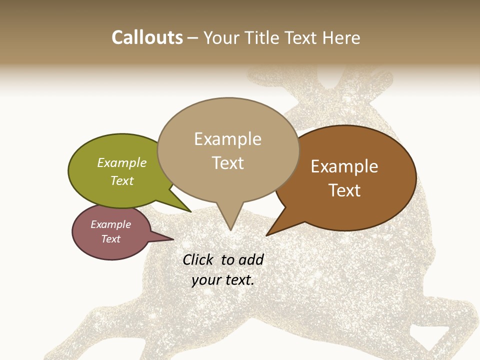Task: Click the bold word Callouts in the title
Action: (x=147, y=37)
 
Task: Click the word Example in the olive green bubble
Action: (x=122, y=163)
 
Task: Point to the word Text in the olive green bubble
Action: (x=122, y=180)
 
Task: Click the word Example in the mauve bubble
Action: (x=111, y=224)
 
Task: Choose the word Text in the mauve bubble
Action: (x=111, y=239)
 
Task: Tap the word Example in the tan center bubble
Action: (x=228, y=139)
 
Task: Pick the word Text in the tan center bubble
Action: (x=228, y=163)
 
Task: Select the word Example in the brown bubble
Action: (x=344, y=166)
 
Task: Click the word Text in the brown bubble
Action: (x=344, y=190)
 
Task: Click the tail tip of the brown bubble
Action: (x=267, y=234)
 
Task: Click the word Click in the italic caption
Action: (x=198, y=259)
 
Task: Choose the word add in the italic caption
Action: (x=251, y=259)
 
